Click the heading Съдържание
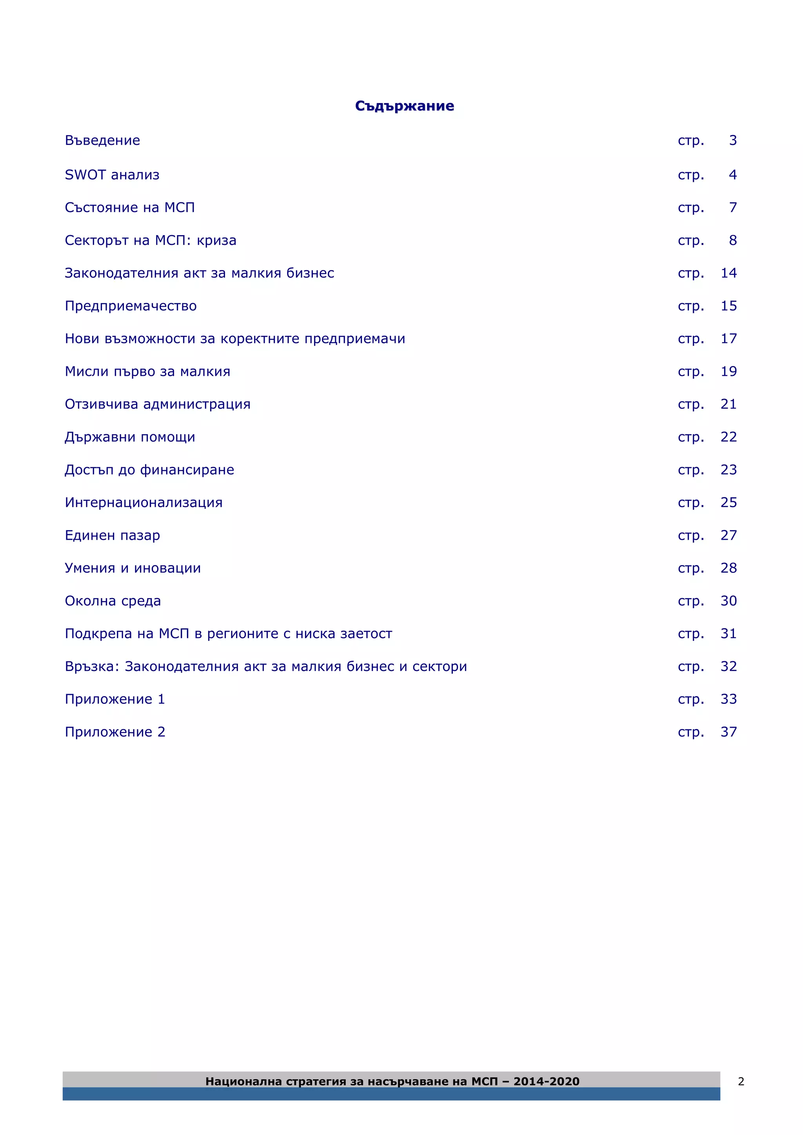[405, 106]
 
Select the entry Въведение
[102, 140]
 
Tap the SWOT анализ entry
[112, 175]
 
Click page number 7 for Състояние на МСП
[733, 208]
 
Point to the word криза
[216, 240]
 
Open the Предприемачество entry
[131, 306]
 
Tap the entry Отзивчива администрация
[157, 404]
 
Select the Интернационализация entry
[144, 503]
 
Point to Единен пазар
[112, 535]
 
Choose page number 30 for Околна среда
[729, 601]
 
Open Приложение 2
[115, 732]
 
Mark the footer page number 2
[741, 1082]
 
